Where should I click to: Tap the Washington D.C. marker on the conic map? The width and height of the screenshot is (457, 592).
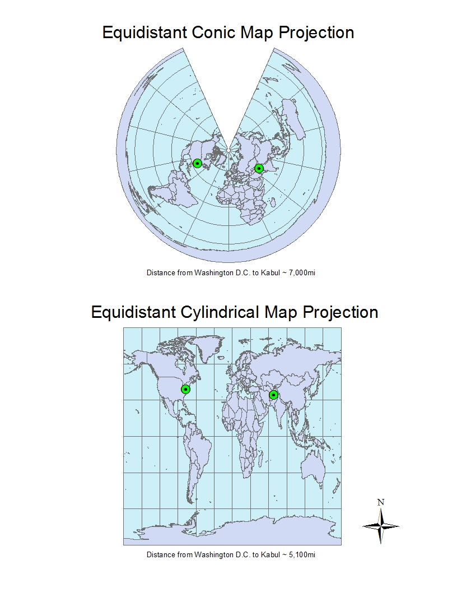197,163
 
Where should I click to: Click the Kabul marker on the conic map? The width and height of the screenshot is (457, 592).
259,168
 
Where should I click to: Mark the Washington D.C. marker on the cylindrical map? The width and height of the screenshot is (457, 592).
185,389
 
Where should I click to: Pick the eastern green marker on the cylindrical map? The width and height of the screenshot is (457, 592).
273,395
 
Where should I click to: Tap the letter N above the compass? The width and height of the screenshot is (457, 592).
381,502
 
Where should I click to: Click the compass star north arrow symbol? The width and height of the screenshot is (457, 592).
381,526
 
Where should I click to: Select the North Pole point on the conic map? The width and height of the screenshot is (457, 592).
229,150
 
